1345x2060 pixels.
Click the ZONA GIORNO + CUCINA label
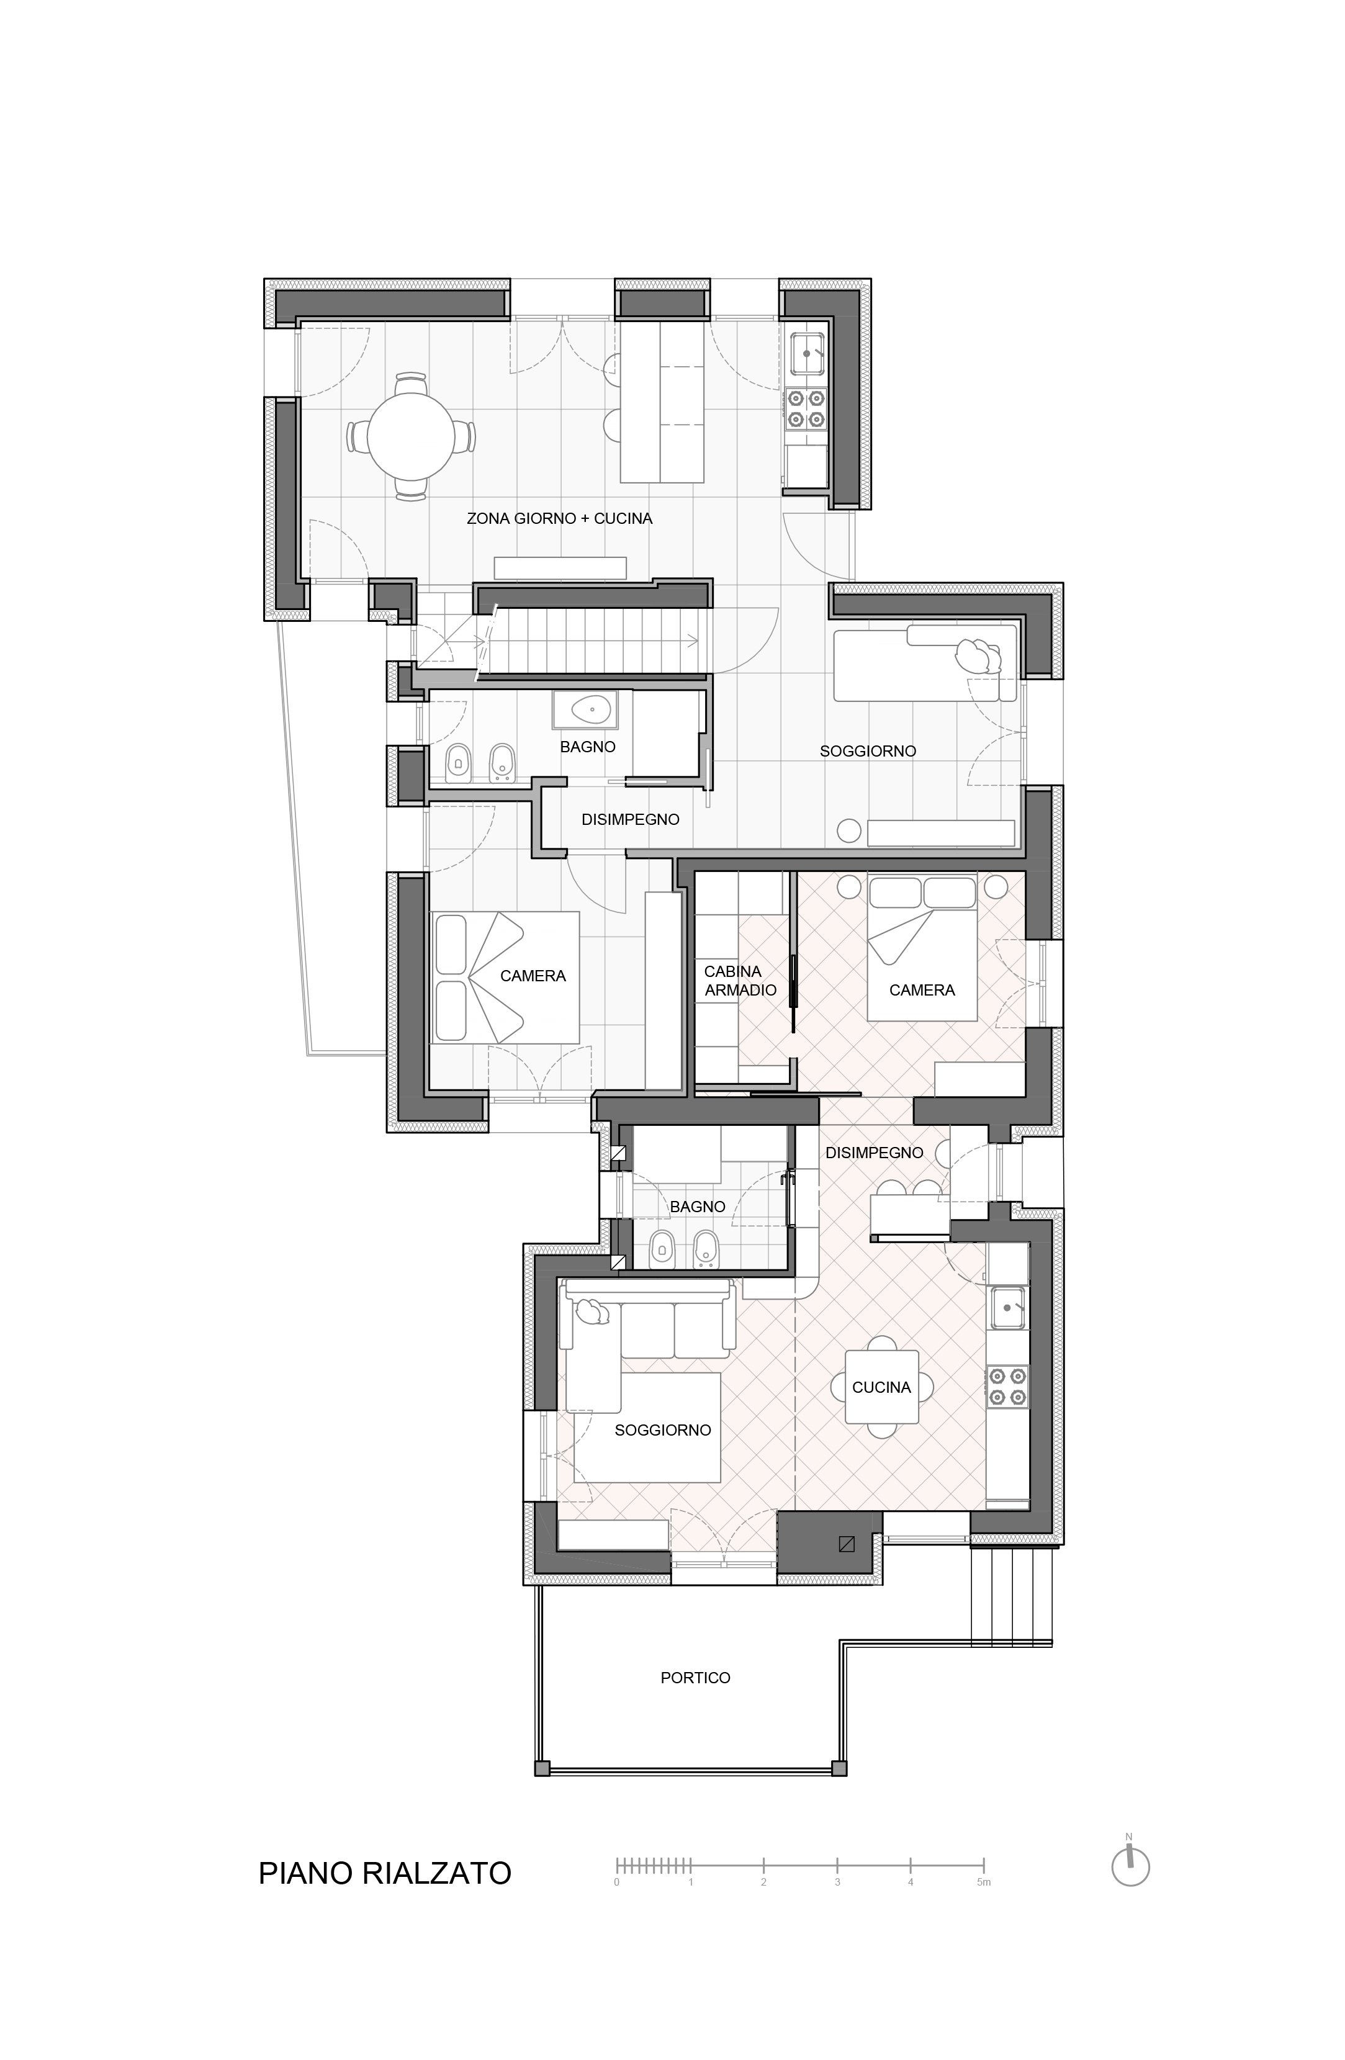(559, 518)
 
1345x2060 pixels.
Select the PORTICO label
(695, 1678)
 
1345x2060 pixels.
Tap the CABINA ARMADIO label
(740, 981)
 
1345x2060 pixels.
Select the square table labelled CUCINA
(882, 1387)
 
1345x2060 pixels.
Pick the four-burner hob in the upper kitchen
(805, 410)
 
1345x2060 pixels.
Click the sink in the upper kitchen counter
(807, 354)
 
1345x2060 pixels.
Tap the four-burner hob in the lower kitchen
(1007, 1387)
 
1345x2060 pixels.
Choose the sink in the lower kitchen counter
(1007, 1308)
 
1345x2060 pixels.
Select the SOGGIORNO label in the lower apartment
(663, 1431)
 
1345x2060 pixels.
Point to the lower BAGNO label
(698, 1207)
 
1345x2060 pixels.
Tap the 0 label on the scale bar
(616, 1882)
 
